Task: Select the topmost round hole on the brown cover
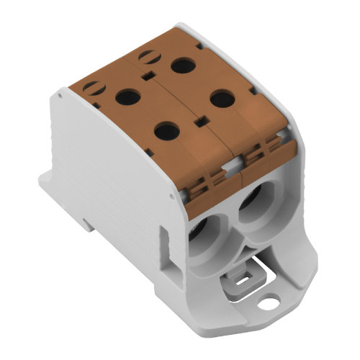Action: [183, 66]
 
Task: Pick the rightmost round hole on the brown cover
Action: [221, 98]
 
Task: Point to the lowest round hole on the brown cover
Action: [167, 130]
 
